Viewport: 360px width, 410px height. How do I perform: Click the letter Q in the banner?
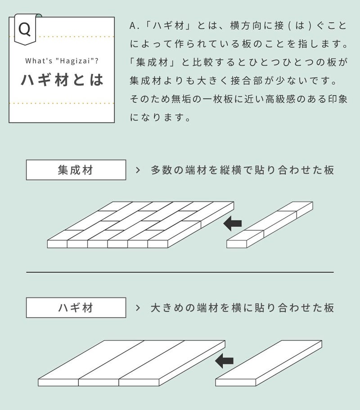click(x=25, y=29)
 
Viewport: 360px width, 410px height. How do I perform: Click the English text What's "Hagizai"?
click(x=62, y=61)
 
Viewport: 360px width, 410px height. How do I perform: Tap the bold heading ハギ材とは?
click(x=62, y=80)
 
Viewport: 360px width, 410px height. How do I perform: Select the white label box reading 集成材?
click(x=76, y=170)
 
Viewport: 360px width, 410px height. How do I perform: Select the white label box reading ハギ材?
click(x=76, y=307)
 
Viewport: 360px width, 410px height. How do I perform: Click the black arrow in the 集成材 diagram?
click(x=233, y=223)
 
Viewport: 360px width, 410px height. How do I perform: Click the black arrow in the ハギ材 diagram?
click(x=224, y=361)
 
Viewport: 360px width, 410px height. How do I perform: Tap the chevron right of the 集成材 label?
click(x=138, y=170)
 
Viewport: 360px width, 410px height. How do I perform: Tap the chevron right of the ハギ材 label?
click(x=138, y=308)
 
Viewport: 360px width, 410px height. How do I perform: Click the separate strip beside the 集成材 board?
click(x=270, y=225)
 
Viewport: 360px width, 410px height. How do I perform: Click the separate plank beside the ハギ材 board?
click(x=269, y=363)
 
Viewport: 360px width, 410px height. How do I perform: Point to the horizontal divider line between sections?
click(x=180, y=272)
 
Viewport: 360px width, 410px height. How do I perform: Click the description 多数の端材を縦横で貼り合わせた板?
click(x=242, y=170)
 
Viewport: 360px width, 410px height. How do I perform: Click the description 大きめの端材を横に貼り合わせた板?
click(x=242, y=308)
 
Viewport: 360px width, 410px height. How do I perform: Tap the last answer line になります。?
click(x=160, y=118)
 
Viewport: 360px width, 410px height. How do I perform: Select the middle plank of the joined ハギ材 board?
click(x=132, y=363)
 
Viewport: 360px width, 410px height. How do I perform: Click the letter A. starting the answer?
click(x=135, y=26)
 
